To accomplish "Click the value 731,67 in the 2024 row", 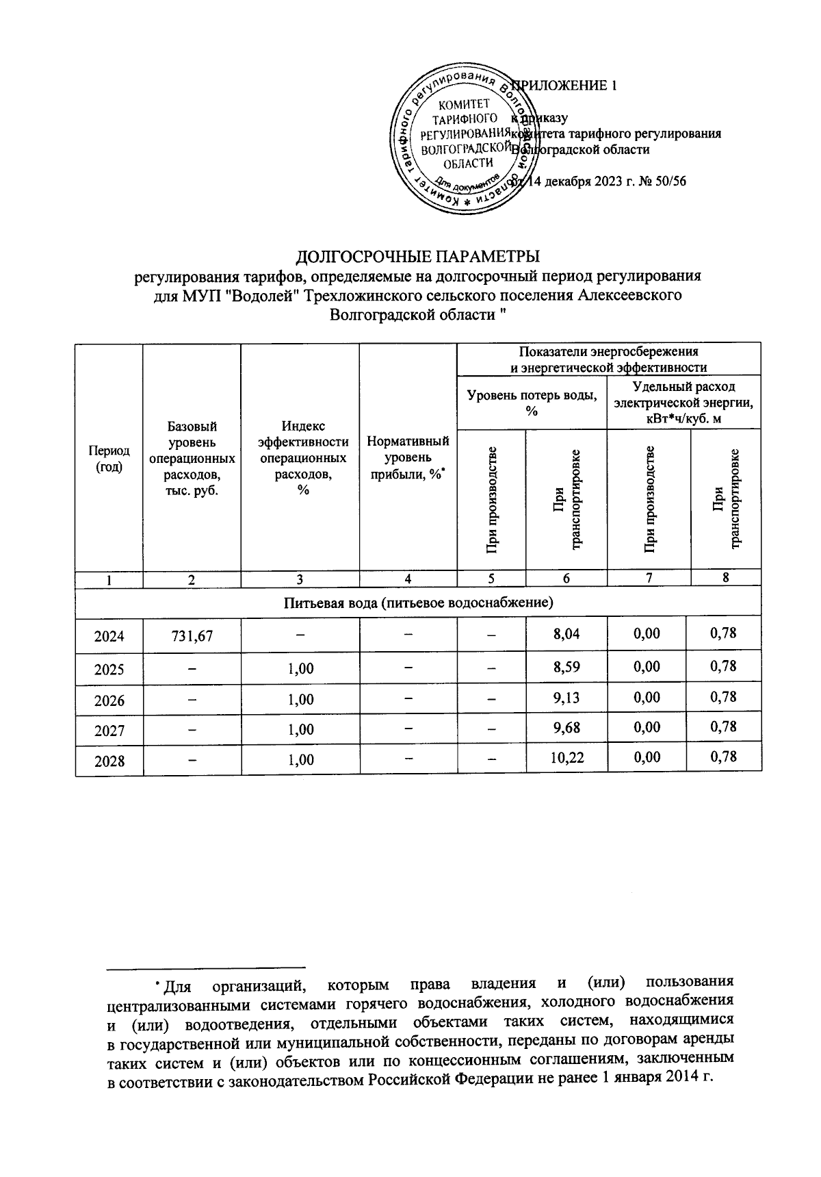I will coord(192,636).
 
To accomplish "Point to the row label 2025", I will coord(109,668).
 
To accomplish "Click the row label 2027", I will coord(109,730).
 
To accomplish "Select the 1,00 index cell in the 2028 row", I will coord(300,759).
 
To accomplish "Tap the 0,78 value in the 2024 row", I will coord(723,633).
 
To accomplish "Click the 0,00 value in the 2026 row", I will coord(647,698).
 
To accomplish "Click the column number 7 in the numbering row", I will coord(649,578).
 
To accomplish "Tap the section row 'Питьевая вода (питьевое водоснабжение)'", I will coord(418,603).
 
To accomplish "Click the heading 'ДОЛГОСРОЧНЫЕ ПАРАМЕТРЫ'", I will coord(417,257).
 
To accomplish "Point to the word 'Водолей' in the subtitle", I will coord(269,296).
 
